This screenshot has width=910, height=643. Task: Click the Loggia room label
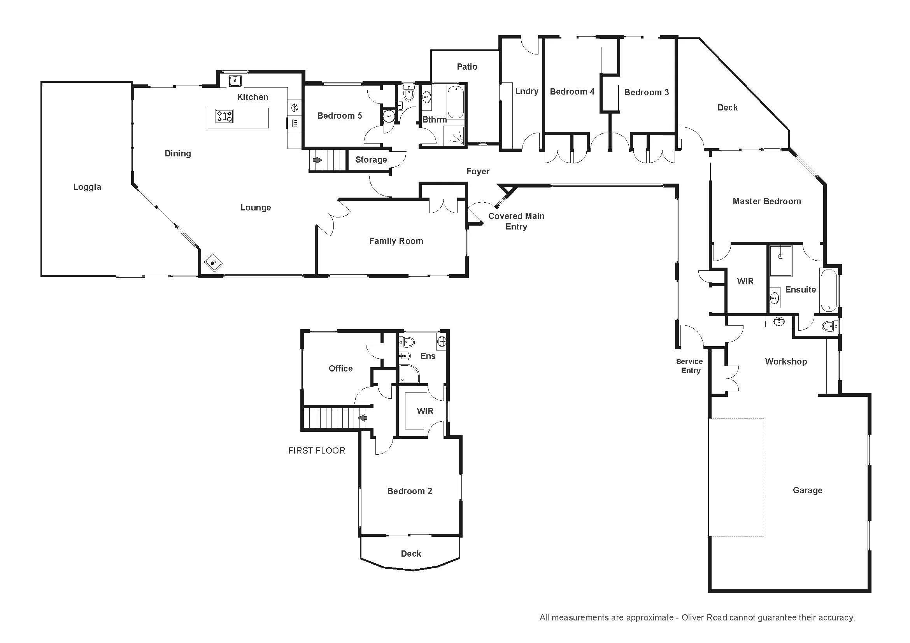[87, 187]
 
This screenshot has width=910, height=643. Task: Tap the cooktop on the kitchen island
[224, 116]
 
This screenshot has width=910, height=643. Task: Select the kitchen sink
[235, 81]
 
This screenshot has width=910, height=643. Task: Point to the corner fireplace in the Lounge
[213, 263]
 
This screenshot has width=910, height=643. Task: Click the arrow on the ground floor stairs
[317, 160]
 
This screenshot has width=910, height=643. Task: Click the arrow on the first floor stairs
[363, 417]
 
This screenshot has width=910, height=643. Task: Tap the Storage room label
[371, 159]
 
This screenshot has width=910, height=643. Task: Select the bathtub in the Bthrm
[456, 102]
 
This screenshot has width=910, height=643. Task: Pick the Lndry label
[527, 91]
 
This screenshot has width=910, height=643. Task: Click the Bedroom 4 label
[572, 92]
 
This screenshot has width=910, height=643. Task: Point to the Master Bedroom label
[766, 201]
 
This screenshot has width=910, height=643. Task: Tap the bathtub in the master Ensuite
[828, 291]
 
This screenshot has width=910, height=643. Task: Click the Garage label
[807, 491]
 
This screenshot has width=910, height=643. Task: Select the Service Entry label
[690, 366]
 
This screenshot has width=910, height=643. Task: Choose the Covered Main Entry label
[516, 221]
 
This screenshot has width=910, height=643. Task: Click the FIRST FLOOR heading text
[317, 450]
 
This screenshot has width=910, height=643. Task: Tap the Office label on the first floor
[340, 368]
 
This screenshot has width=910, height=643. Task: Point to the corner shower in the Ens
[409, 373]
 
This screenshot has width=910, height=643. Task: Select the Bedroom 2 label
[409, 491]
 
